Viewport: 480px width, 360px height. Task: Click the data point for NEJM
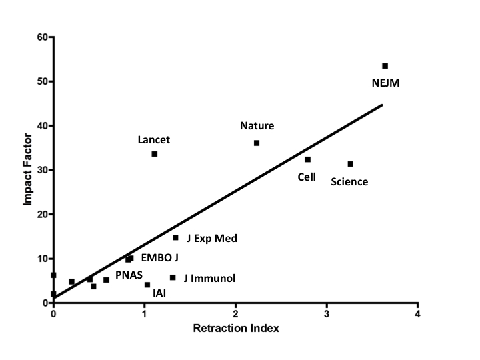pos(385,66)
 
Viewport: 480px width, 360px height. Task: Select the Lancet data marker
pos(155,154)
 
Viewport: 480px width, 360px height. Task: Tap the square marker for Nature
pos(257,143)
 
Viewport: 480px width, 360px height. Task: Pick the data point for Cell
pos(307,159)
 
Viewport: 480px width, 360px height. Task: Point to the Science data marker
pos(350,164)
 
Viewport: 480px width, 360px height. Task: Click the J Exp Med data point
pos(175,237)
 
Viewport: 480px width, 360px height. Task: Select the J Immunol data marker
pos(173,277)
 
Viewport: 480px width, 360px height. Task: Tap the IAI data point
pos(147,285)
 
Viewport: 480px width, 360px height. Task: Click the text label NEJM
pos(386,83)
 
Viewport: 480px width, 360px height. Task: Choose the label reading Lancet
pos(153,140)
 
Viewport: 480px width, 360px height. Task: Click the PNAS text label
pos(129,275)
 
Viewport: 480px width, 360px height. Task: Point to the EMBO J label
pos(160,257)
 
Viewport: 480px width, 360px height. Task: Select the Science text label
pos(349,182)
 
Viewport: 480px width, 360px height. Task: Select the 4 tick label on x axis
pos(417,314)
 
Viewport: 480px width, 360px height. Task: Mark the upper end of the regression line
pos(382,105)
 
